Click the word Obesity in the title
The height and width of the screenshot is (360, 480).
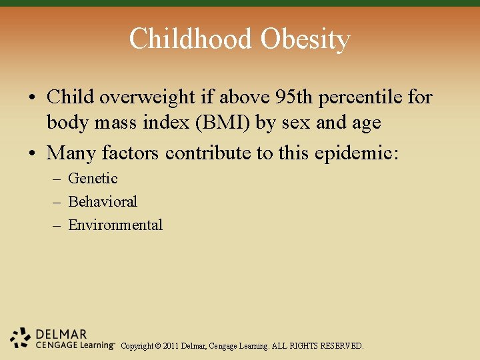(x=305, y=39)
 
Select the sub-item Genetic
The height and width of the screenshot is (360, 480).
(x=93, y=179)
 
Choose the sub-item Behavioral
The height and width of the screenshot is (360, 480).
(x=103, y=201)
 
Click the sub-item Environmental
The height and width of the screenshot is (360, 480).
(x=115, y=225)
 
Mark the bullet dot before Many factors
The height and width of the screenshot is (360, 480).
(x=32, y=154)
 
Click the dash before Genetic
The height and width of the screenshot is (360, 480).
(x=58, y=179)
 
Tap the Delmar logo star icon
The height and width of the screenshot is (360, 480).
(x=21, y=338)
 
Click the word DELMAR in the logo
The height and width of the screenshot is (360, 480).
(x=61, y=333)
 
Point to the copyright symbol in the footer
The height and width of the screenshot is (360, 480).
(x=157, y=347)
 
